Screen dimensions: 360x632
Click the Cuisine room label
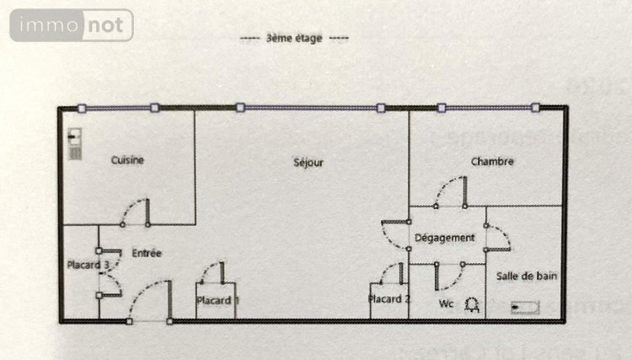point(127,160)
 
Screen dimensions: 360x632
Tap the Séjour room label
point(308,162)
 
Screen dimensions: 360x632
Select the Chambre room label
point(492,162)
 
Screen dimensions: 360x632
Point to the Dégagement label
point(445,238)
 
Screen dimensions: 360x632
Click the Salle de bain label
point(526,276)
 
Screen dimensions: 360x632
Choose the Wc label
point(446,302)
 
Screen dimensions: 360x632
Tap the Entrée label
point(147,253)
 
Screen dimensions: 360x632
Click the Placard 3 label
point(88,265)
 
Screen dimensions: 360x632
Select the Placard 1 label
point(217,300)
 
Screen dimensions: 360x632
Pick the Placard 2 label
point(389,299)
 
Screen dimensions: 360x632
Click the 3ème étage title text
point(292,38)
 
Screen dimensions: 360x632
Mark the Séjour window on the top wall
point(310,108)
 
